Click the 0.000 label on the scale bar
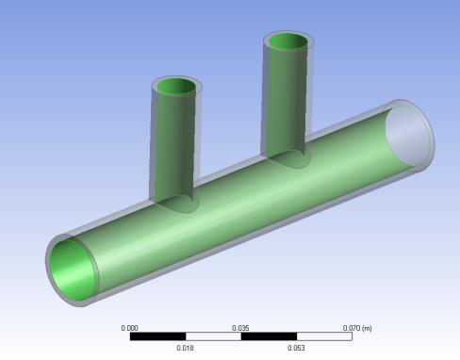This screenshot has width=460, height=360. click(x=129, y=328)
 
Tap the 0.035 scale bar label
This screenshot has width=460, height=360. click(x=240, y=328)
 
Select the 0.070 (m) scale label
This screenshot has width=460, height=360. click(x=357, y=328)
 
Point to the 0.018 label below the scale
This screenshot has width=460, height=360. click(x=185, y=348)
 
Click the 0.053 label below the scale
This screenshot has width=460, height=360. click(x=296, y=348)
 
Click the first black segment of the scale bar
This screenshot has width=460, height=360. click(x=158, y=336)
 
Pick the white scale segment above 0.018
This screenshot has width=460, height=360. click(x=213, y=336)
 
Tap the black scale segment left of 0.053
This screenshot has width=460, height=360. click(x=269, y=336)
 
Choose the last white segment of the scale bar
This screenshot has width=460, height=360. click(x=324, y=336)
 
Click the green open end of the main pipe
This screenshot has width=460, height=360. click(x=73, y=270)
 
